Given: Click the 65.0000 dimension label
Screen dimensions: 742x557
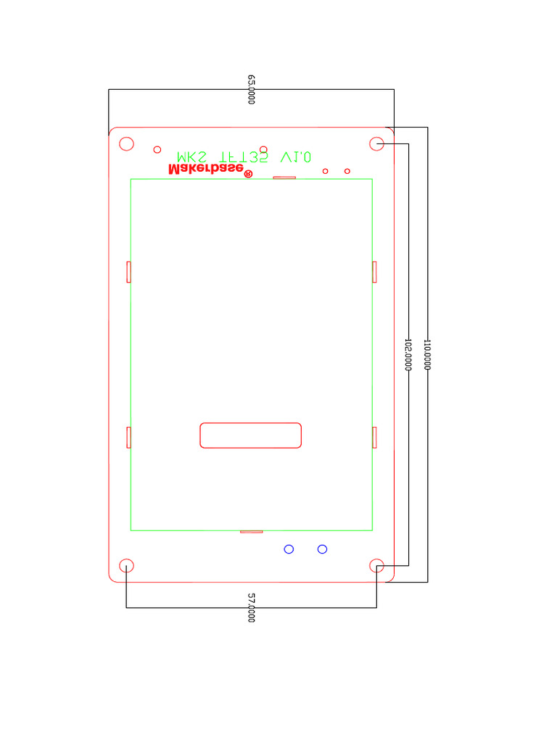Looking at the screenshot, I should pyautogui.click(x=252, y=89).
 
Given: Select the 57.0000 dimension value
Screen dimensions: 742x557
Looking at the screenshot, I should pyautogui.click(x=252, y=608).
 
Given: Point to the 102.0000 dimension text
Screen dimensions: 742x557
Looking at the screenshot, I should pyautogui.click(x=408, y=354).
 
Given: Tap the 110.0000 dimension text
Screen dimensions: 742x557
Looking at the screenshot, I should pyautogui.click(x=428, y=354).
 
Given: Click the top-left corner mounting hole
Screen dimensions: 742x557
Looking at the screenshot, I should pyautogui.click(x=126, y=143).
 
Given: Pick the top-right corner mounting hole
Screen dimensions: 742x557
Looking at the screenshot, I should pyautogui.click(x=377, y=143).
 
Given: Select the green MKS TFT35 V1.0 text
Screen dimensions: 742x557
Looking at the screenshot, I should pyautogui.click(x=244, y=157).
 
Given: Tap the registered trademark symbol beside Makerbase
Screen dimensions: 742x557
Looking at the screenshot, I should pyautogui.click(x=248, y=174).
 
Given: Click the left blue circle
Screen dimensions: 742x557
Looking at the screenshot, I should pyautogui.click(x=289, y=549).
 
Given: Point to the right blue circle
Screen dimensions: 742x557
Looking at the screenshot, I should pyautogui.click(x=323, y=549).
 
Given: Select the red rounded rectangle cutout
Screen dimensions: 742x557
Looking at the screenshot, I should pyautogui.click(x=250, y=435).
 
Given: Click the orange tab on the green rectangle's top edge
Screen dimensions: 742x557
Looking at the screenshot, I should pyautogui.click(x=284, y=178).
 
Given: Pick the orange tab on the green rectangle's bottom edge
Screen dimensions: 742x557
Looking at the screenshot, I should pyautogui.click(x=251, y=531).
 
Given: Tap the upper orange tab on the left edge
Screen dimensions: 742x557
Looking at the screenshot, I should pyautogui.click(x=128, y=272).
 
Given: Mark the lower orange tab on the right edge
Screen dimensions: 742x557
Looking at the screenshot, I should pyautogui.click(x=375, y=438).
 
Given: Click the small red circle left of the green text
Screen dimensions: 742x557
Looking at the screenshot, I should pyautogui.click(x=157, y=150).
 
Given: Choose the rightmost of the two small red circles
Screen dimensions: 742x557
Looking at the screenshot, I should pyautogui.click(x=347, y=171).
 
